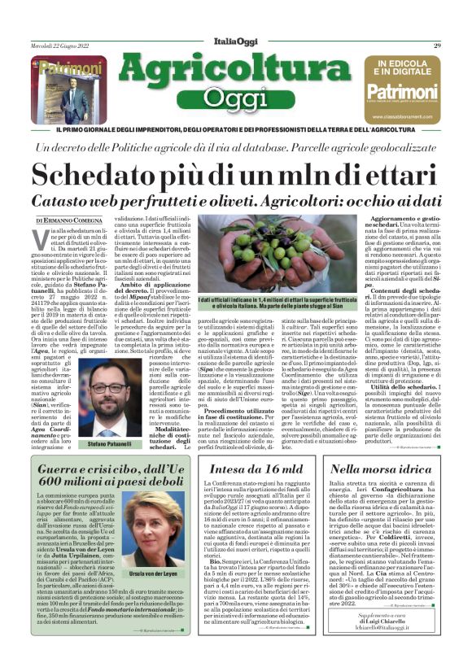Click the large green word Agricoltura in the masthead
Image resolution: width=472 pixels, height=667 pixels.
(x=236, y=71)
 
